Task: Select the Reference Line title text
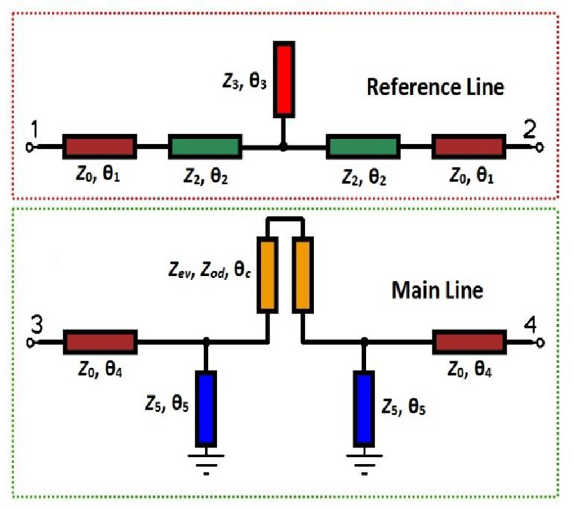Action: pyautogui.click(x=435, y=87)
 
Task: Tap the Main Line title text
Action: pyautogui.click(x=437, y=290)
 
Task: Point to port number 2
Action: pyautogui.click(x=530, y=130)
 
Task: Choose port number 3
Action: pyautogui.click(x=36, y=325)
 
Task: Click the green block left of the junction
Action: pyautogui.click(x=204, y=147)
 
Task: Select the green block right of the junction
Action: pyautogui.click(x=363, y=147)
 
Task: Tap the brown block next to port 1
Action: pyautogui.click(x=99, y=147)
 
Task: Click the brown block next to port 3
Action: pyautogui.click(x=99, y=342)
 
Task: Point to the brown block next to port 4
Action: pyautogui.click(x=469, y=342)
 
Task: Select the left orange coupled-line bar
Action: pyautogui.click(x=267, y=275)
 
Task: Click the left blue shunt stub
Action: pyautogui.click(x=206, y=409)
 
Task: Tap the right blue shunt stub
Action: pyautogui.click(x=364, y=409)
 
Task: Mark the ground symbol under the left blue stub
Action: pyautogui.click(x=206, y=463)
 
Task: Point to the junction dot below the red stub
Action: pyautogui.click(x=284, y=147)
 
